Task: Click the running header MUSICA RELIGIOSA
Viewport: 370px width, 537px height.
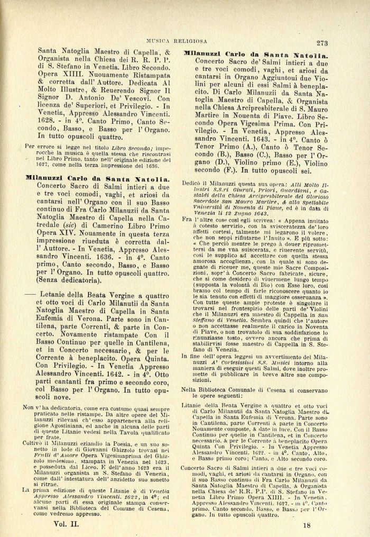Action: click(x=192, y=40)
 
